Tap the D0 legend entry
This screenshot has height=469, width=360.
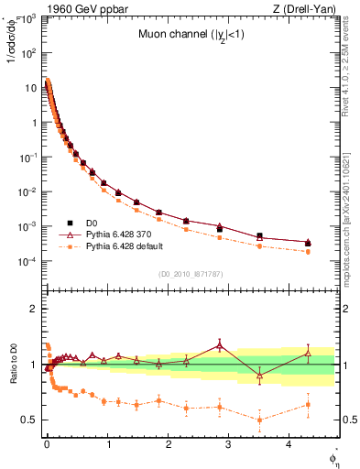pyautogui.click(x=93, y=222)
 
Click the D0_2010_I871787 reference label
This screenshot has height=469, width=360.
pyautogui.click(x=190, y=274)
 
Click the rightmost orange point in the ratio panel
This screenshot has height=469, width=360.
pyautogui.click(x=308, y=404)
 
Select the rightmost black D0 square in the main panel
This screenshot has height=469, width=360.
pyautogui.click(x=308, y=243)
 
